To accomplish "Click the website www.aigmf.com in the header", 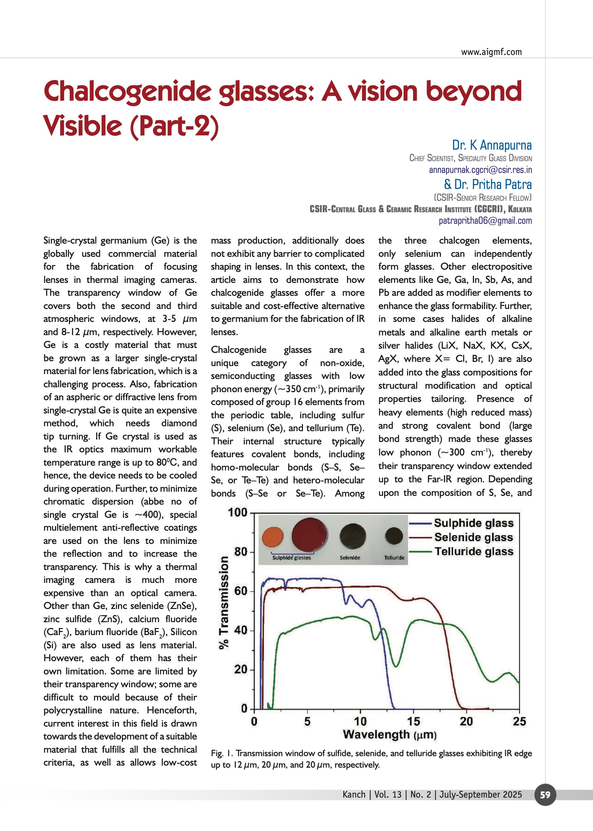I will [491, 52].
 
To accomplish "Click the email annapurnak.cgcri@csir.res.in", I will [480, 170].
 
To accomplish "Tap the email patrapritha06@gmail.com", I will [485, 220].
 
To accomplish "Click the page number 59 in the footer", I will [545, 794].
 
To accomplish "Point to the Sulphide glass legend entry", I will [474, 523].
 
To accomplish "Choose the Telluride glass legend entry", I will [474, 551].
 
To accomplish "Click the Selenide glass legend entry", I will [474, 537].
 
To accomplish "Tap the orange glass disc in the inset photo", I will [272, 537].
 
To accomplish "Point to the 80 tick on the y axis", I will [241, 552].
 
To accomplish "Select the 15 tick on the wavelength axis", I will [413, 721].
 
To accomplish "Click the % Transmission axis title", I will [224, 602].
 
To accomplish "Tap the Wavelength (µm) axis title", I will [390, 734].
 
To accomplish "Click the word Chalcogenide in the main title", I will [127, 92].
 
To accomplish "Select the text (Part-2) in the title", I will [174, 126].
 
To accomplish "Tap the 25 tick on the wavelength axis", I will [519, 721].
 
